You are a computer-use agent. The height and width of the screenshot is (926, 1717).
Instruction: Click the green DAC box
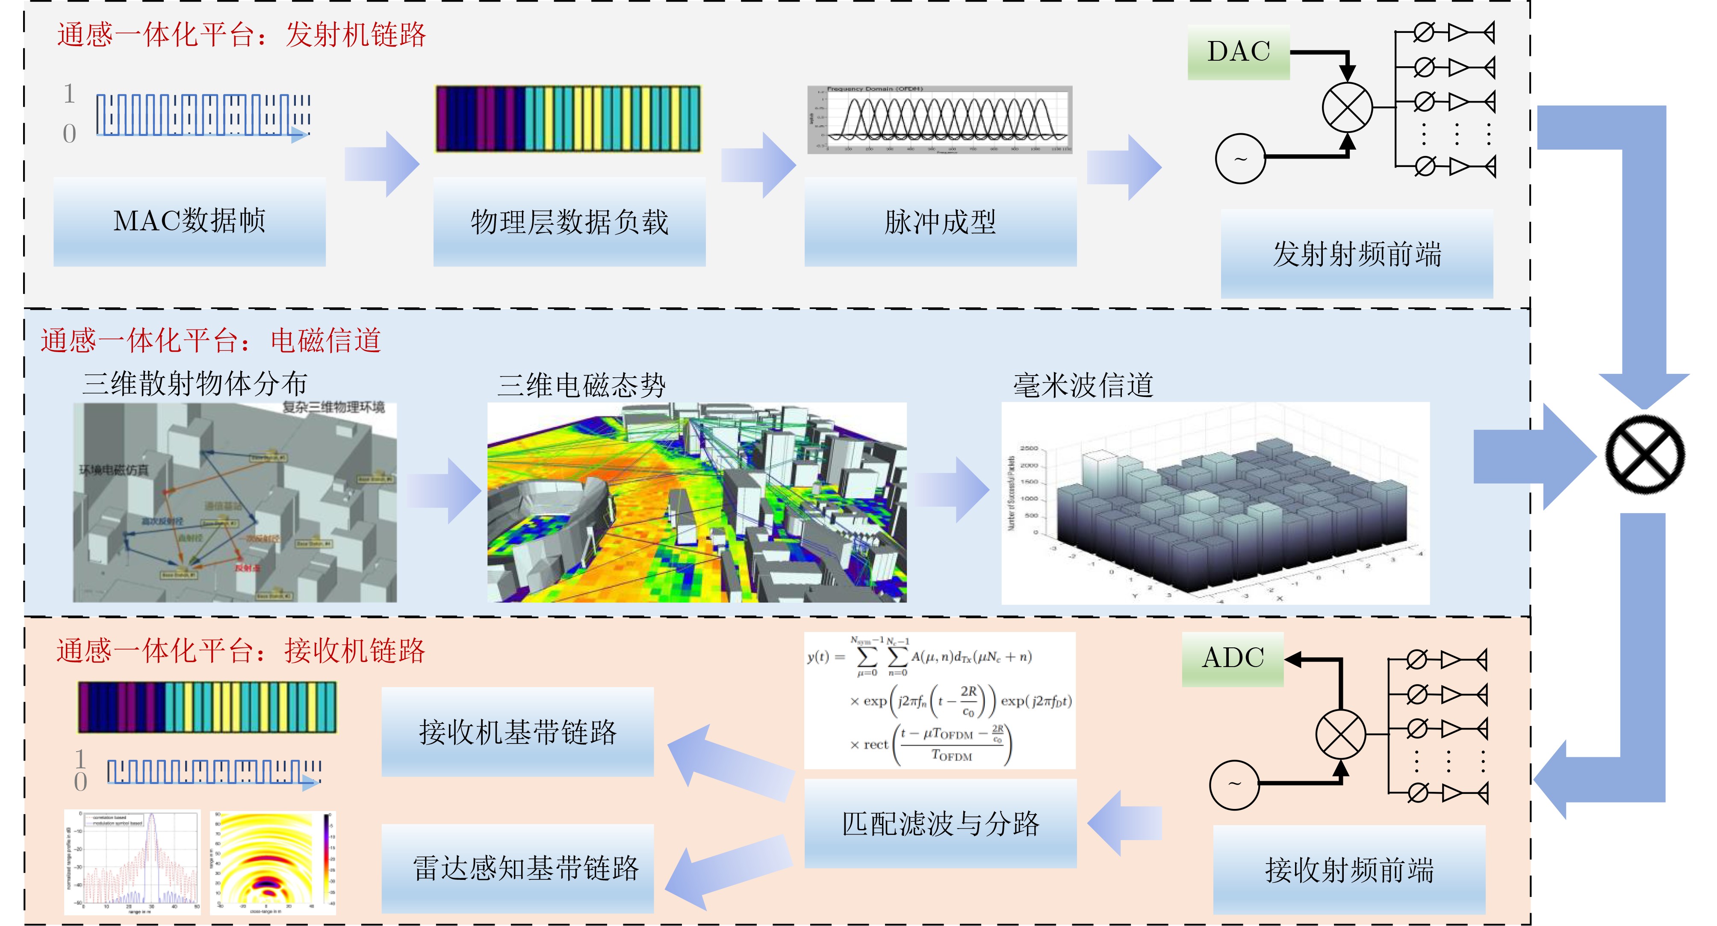click(1239, 52)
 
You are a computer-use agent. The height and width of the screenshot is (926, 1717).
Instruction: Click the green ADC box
click(1233, 658)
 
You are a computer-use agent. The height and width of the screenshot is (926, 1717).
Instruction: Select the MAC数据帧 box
click(189, 221)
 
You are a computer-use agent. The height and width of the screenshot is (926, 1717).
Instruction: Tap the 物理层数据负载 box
click(569, 221)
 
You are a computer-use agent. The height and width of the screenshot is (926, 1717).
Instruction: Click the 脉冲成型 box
click(940, 221)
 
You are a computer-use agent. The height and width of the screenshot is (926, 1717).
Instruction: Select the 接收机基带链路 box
click(517, 732)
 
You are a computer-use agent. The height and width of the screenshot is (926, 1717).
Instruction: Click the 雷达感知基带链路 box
click(517, 868)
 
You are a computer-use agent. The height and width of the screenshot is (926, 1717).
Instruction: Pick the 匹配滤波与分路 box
click(940, 823)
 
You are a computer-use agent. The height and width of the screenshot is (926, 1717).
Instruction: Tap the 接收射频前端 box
click(1349, 869)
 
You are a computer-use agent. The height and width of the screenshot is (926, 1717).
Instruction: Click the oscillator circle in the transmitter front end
click(1240, 159)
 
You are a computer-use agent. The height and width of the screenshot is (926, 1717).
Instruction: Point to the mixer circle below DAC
click(1347, 106)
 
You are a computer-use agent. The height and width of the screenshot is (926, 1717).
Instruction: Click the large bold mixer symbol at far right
click(1644, 454)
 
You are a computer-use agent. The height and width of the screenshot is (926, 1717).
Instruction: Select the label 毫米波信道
click(1083, 385)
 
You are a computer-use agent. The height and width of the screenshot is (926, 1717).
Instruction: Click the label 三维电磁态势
click(581, 385)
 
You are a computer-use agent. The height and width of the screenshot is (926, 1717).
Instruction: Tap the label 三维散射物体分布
click(195, 384)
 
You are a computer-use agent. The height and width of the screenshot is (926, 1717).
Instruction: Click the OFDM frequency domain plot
click(940, 120)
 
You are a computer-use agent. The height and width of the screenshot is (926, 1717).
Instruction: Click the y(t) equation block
click(940, 700)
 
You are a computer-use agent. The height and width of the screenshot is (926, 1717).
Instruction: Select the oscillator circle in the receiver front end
click(1234, 785)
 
